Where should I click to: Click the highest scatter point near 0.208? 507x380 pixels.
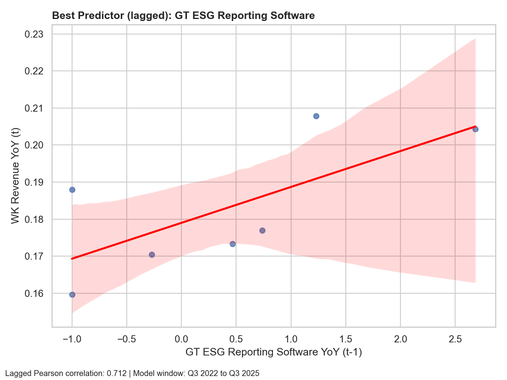[316, 116]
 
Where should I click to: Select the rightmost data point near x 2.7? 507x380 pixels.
[475, 129]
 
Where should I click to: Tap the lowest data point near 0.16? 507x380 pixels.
[72, 294]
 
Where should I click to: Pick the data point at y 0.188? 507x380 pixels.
[72, 190]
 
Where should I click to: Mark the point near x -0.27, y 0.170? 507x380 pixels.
[152, 255]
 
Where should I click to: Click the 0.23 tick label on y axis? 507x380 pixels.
[34, 34]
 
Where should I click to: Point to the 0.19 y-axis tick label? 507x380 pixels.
[34, 182]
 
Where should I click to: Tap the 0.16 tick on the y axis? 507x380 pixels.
[34, 294]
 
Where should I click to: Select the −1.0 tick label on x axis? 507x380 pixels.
[72, 339]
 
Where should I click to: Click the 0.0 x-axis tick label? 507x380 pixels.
[181, 339]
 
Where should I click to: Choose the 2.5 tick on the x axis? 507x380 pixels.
[455, 339]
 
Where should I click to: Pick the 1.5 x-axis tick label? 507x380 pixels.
[346, 339]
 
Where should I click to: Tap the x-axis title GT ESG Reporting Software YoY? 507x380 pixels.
[273, 352]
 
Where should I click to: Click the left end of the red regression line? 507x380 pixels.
[72, 258]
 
